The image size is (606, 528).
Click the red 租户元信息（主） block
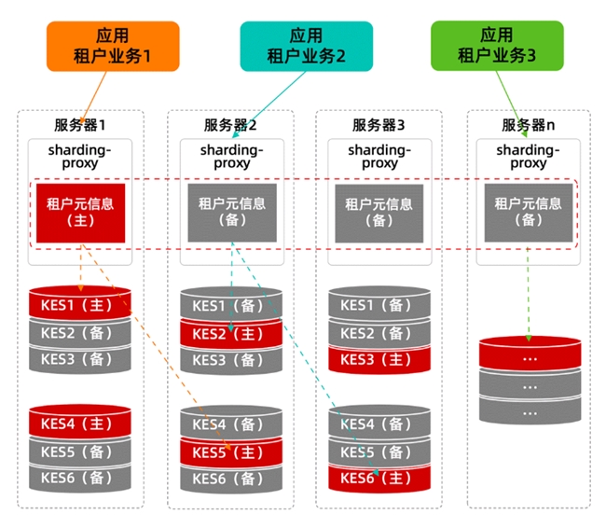click(x=80, y=211)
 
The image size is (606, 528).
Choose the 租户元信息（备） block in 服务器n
click(x=528, y=212)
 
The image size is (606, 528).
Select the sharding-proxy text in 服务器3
click(x=379, y=156)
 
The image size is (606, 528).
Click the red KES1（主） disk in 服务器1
click(x=80, y=304)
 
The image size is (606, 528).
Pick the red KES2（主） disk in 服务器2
click(x=230, y=333)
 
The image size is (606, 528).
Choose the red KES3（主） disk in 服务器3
click(x=379, y=359)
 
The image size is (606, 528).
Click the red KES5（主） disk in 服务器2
click(x=230, y=452)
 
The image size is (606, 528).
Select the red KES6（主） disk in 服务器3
click(x=379, y=479)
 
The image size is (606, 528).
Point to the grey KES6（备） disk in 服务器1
click(x=80, y=478)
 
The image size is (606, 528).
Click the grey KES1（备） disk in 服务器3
click(x=379, y=305)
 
